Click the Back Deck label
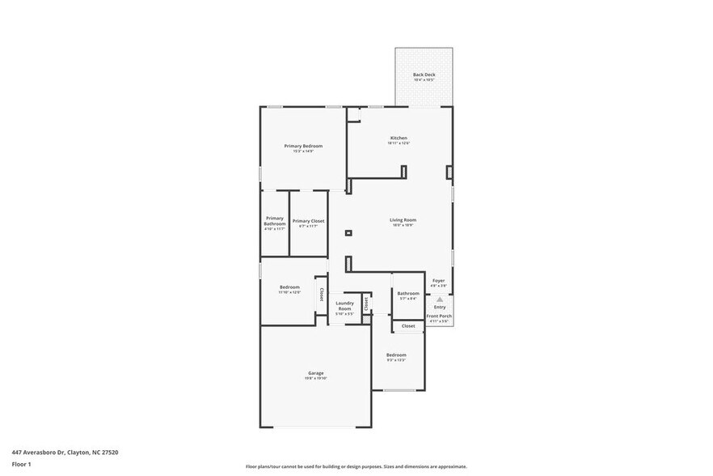(x=424, y=74)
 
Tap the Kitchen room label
(x=399, y=138)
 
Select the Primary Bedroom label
(x=303, y=146)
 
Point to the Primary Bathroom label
(x=275, y=220)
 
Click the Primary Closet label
(x=308, y=221)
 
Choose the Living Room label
(x=403, y=219)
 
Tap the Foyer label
(x=438, y=280)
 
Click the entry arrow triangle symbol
(x=440, y=299)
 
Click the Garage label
(x=315, y=373)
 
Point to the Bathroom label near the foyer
(x=408, y=293)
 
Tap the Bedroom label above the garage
(x=290, y=287)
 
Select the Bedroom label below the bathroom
(x=396, y=355)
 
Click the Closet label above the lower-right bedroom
(x=408, y=325)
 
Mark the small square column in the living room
(x=348, y=233)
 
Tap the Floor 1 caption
(x=21, y=464)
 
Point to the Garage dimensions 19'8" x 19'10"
(x=315, y=378)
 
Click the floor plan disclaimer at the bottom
(x=356, y=466)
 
